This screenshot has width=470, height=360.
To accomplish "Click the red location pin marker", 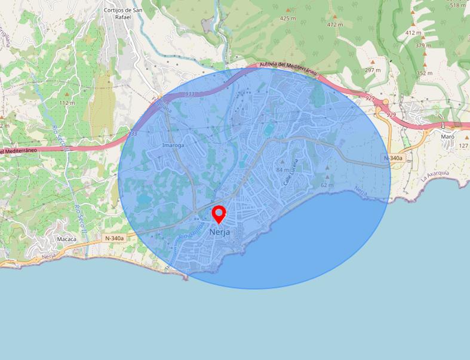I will click(219, 214).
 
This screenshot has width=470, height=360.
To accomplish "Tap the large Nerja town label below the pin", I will click(219, 232).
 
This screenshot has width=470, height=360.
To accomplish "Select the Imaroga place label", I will click(173, 145).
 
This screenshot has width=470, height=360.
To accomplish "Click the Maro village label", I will click(447, 136).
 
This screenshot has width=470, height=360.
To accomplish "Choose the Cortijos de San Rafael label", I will click(122, 13).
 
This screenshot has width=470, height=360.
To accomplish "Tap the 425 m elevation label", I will click(288, 19).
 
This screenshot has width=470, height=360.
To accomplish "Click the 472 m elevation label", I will click(335, 24).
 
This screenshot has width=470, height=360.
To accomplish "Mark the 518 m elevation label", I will click(457, 5).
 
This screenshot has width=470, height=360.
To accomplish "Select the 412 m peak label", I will click(413, 32).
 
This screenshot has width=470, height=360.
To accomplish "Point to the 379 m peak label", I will click(423, 45).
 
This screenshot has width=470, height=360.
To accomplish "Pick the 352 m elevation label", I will click(425, 73).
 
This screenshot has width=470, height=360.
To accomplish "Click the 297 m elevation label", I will click(373, 70).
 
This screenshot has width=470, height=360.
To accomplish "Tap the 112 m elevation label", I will click(67, 103).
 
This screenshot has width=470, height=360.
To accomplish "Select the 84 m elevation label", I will click(282, 170).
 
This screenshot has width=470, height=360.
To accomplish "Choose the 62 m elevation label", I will click(327, 185).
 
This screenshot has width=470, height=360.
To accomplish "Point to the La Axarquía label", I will click(434, 175).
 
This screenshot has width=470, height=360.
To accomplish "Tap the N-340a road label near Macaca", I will click(114, 238).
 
